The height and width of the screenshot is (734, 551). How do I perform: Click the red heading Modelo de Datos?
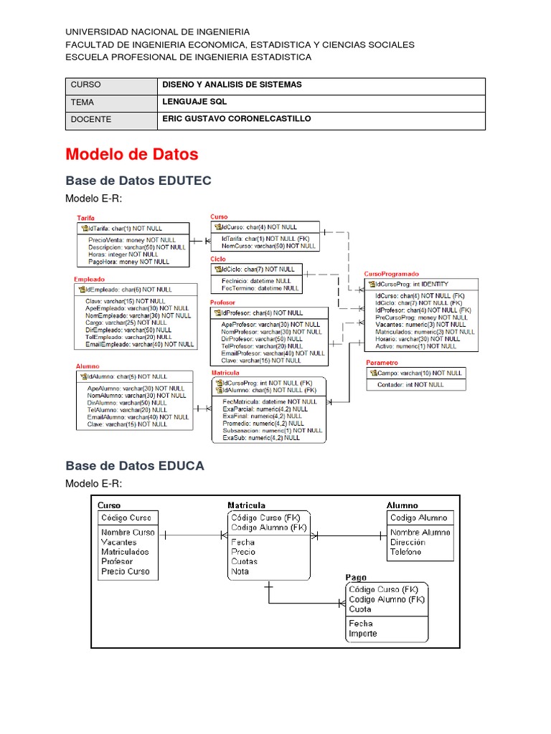click(x=131, y=154)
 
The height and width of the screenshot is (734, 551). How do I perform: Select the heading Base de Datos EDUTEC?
click(x=138, y=181)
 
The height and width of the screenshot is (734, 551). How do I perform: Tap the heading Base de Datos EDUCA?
click(x=134, y=466)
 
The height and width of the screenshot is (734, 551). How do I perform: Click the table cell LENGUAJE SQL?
click(x=194, y=103)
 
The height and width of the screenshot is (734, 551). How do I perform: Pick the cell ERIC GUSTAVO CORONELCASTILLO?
click(x=237, y=119)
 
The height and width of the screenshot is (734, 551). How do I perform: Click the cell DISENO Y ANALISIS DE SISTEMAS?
click(x=232, y=85)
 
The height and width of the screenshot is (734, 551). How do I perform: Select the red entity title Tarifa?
click(x=85, y=218)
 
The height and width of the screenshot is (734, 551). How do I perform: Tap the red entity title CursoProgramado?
click(x=391, y=274)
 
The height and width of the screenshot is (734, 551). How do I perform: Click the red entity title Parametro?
click(x=382, y=363)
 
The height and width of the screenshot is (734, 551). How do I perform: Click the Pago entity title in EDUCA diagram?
click(x=356, y=577)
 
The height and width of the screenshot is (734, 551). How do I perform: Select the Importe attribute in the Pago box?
click(x=362, y=634)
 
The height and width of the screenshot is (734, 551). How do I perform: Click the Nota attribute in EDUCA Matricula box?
click(x=240, y=571)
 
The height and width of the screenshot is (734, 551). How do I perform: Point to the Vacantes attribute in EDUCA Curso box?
click(x=118, y=543)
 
